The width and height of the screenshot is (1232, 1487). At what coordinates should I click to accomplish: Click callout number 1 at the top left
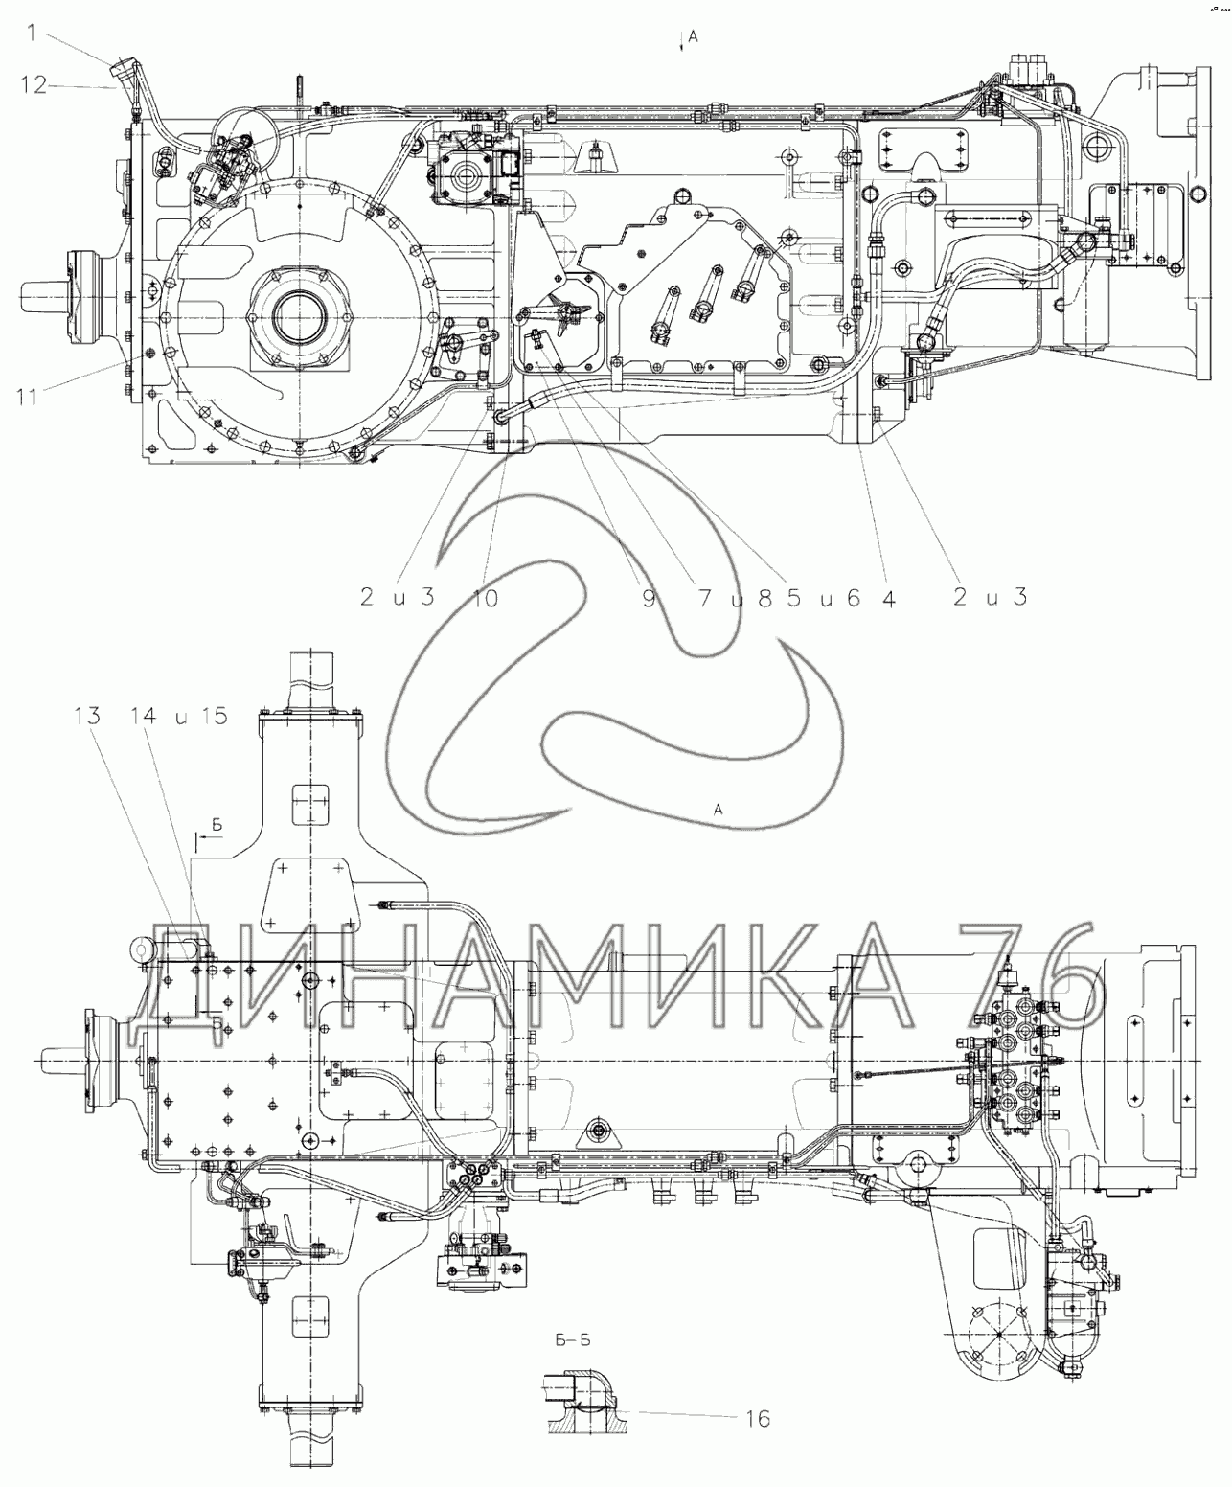coord(32,33)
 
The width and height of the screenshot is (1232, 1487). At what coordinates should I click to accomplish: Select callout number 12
coord(34,85)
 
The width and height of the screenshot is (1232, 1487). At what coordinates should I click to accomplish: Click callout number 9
coord(648,598)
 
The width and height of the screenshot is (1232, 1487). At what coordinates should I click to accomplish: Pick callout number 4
coord(888,598)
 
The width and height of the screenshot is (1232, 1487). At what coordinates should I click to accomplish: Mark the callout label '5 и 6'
coord(824,598)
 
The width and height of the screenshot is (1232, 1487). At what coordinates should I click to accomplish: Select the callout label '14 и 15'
coord(179,716)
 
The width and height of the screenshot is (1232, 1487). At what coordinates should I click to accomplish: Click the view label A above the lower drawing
coord(718,809)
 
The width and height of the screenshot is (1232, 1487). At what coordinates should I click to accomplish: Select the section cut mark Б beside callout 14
coord(217,825)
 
